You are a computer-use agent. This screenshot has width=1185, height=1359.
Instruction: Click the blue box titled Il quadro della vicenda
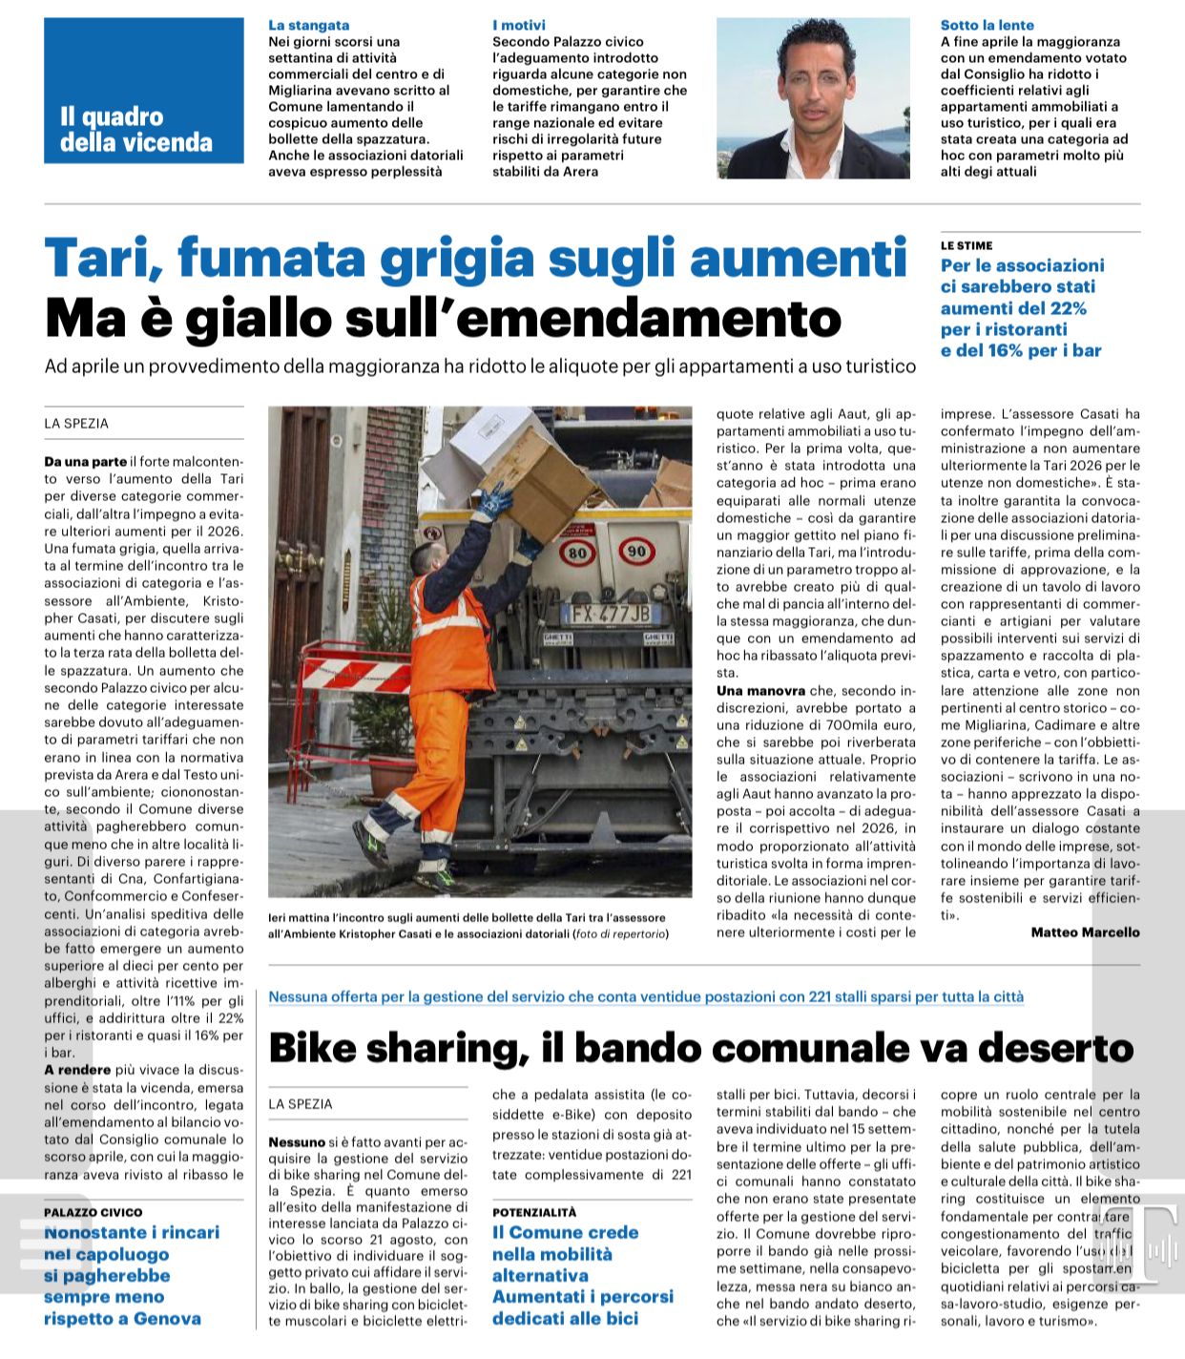tap(143, 91)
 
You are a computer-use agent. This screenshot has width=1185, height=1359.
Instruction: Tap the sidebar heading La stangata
tap(308, 25)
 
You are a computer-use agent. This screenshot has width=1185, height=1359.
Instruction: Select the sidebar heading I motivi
tap(519, 25)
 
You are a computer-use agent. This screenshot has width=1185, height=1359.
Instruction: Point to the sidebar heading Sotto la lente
tap(987, 25)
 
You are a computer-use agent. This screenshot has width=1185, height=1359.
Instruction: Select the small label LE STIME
tap(966, 245)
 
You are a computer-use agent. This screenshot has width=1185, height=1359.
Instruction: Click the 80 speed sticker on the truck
tap(576, 553)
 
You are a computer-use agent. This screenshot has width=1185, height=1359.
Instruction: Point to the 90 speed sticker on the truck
tap(635, 551)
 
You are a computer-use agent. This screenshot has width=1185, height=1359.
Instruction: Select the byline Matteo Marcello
tap(1085, 932)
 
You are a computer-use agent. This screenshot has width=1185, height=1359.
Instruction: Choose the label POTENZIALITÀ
tap(534, 1212)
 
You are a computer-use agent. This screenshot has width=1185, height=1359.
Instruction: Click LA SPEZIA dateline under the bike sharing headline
tap(301, 1104)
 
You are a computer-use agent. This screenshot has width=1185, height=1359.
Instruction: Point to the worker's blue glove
tap(495, 498)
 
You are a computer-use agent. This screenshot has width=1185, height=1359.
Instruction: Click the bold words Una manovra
tap(760, 690)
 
